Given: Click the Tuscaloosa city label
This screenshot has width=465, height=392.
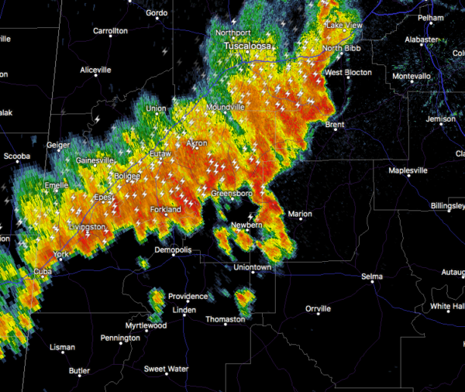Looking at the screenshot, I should tap(249, 47).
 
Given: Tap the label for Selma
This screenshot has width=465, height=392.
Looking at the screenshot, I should tap(372, 277).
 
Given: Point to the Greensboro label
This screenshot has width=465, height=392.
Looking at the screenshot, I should tap(232, 193).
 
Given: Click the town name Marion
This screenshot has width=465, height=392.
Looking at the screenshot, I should tap(299, 214).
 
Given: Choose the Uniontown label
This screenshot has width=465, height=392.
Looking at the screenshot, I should tap(253, 267).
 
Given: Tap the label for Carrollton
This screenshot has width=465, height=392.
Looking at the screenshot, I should tap(110, 31).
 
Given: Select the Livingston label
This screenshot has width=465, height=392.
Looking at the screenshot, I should tap(87, 227).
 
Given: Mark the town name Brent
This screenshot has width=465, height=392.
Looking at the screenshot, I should tap(335, 124).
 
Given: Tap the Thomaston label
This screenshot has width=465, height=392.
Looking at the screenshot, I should tap(225, 319).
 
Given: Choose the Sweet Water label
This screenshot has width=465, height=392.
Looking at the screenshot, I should tap(166, 369).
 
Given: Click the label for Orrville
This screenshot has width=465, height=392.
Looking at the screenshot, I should tap(318, 308).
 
